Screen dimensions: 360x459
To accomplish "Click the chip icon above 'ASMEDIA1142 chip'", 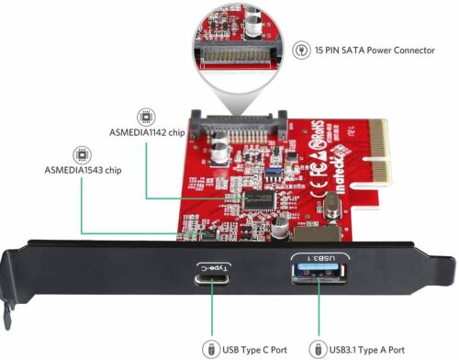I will coord(144,118).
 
